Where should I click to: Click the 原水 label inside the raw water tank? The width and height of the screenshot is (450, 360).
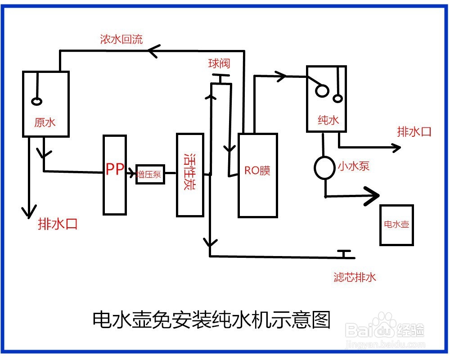click(45, 122)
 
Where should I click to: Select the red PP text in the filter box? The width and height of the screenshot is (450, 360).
click(115, 170)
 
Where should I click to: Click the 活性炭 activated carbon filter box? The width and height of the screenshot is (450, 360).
click(190, 175)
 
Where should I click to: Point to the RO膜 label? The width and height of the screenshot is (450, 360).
click(257, 171)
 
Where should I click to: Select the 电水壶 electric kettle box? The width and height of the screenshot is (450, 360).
click(396, 225)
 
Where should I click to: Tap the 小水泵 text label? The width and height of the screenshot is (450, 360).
click(354, 166)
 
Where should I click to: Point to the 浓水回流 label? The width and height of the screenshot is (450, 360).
click(121, 39)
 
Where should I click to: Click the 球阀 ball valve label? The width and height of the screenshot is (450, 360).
click(219, 63)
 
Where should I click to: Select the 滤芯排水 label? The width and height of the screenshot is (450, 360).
click(355, 277)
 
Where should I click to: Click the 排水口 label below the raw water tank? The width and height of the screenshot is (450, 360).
click(58, 224)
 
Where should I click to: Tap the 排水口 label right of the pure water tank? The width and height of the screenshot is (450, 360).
click(414, 132)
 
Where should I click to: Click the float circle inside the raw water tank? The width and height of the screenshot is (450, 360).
click(36, 102)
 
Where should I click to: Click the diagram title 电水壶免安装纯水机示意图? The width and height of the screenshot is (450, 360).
click(211, 320)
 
